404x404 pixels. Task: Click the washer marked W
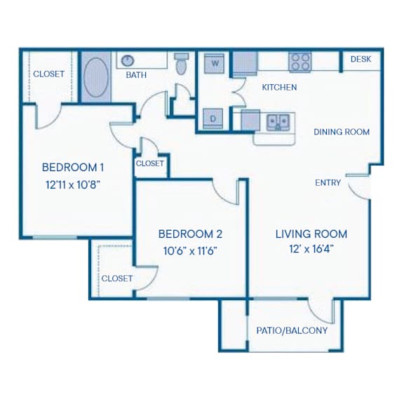(x=214, y=63)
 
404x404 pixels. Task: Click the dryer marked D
(x=213, y=119)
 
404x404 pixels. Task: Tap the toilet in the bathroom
(x=181, y=64)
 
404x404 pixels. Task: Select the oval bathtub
(x=96, y=77)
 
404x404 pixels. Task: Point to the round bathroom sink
(x=127, y=61)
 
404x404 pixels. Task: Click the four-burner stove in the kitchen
(x=299, y=62)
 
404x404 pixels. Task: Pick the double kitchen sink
(x=278, y=123)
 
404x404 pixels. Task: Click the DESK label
(x=361, y=59)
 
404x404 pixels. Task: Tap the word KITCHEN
(x=279, y=88)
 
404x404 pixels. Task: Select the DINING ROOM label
(x=342, y=132)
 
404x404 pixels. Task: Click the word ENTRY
(x=328, y=182)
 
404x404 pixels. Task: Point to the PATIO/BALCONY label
(x=292, y=330)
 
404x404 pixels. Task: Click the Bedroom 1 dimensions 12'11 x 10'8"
(x=73, y=184)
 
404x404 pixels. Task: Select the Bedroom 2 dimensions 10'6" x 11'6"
(x=190, y=250)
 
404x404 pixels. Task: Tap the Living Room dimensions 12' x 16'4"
(x=311, y=249)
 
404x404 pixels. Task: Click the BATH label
(x=136, y=75)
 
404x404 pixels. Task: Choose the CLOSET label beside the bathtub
(x=48, y=74)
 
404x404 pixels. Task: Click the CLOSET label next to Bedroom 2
(x=117, y=278)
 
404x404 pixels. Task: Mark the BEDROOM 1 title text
(x=73, y=168)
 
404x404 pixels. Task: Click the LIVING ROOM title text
(x=311, y=234)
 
